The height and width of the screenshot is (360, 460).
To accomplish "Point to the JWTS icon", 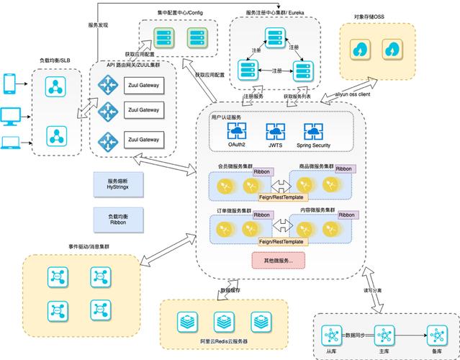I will (x=275, y=131).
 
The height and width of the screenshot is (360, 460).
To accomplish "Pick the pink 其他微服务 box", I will (x=274, y=260).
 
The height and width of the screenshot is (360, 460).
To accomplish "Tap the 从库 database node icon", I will (x=331, y=336).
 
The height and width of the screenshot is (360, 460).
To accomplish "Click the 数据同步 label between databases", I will (x=357, y=335).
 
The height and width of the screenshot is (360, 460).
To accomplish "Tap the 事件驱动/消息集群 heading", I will (x=89, y=246).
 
